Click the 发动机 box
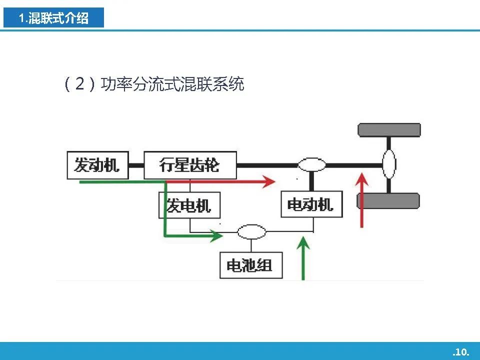pyautogui.click(x=97, y=165)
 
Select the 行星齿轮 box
pyautogui.click(x=190, y=165)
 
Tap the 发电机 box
pyautogui.click(x=189, y=205)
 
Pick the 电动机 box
pyautogui.click(x=311, y=204)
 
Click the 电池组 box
pyautogui.click(x=251, y=265)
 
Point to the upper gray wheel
pyautogui.click(x=389, y=130)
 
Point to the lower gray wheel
pyautogui.click(x=388, y=201)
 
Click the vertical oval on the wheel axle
pyautogui.click(x=389, y=164)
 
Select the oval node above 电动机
pyautogui.click(x=312, y=164)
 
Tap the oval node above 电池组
pyautogui.click(x=251, y=231)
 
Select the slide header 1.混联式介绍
pyautogui.click(x=53, y=18)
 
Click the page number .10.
pyautogui.click(x=460, y=352)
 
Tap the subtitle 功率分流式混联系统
pyautogui.click(x=172, y=84)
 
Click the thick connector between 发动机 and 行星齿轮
pyautogui.click(x=136, y=165)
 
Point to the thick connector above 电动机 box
pyautogui.click(x=311, y=181)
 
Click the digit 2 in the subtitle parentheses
pyautogui.click(x=80, y=84)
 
